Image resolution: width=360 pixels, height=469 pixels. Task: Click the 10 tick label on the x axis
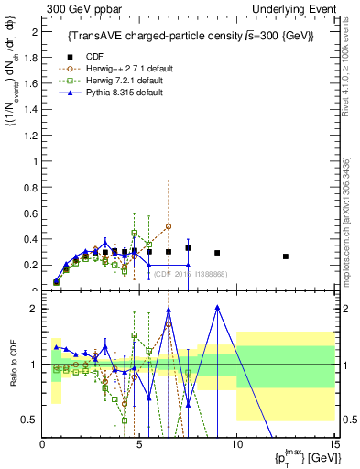[236, 446]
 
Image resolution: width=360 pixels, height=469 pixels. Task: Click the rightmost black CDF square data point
[286, 256]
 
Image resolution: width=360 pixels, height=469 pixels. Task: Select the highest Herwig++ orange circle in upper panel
[169, 226]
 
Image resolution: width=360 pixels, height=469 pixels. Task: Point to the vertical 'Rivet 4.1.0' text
[353, 60]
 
